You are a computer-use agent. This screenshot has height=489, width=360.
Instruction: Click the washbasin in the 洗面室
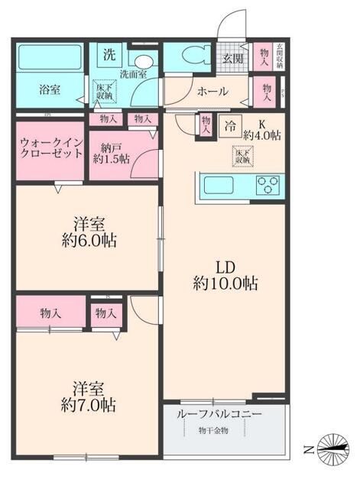tap(141, 63)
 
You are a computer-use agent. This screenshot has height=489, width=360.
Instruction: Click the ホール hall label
tap(212, 91)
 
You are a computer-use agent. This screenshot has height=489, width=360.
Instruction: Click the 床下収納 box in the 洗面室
tap(103, 90)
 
